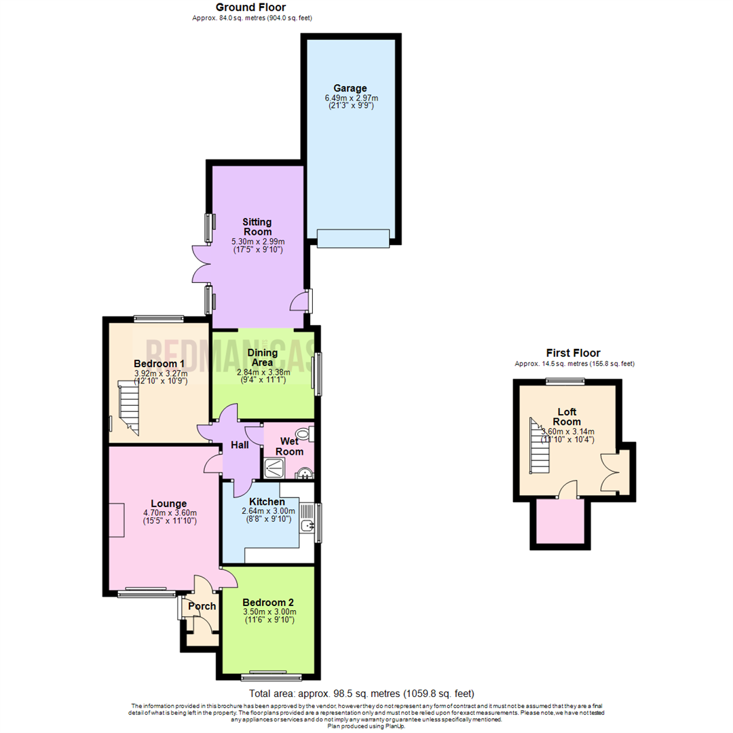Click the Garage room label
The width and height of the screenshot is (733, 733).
[x=350, y=88]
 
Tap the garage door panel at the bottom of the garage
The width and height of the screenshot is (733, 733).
[x=353, y=238]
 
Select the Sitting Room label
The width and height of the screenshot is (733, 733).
[x=258, y=227]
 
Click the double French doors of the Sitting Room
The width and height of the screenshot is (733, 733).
[x=202, y=263]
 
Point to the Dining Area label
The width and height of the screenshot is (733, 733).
[x=263, y=358]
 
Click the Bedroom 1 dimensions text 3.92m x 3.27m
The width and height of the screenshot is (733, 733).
[x=159, y=373]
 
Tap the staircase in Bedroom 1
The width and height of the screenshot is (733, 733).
[x=129, y=407]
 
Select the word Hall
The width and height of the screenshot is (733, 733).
[x=240, y=445]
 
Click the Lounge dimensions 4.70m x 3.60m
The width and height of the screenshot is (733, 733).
[x=170, y=512]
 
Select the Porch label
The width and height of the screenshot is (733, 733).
[x=202, y=606]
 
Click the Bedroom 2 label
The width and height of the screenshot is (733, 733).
[x=268, y=603]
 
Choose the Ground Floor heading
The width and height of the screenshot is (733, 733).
[x=251, y=7]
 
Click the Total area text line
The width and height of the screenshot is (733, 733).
[x=361, y=694]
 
